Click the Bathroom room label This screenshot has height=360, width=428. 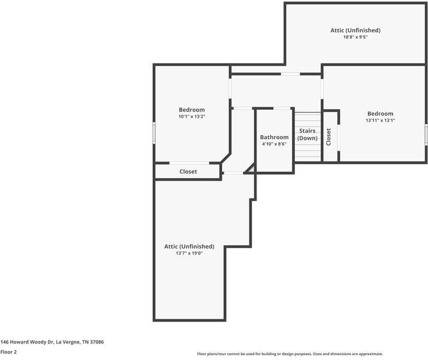[274, 137]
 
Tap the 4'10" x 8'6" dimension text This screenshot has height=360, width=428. [274, 144]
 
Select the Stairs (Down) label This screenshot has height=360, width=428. [308, 134]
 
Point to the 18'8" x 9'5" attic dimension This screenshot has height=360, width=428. [355, 37]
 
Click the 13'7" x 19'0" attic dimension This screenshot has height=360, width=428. [189, 253]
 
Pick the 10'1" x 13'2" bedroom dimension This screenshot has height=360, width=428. [192, 116]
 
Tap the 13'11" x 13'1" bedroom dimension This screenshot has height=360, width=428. [380, 121]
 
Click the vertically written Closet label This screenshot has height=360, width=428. [328, 137]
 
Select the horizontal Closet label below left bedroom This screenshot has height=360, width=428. [188, 172]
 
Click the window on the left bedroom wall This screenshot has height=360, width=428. [154, 133]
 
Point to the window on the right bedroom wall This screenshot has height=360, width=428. [426, 134]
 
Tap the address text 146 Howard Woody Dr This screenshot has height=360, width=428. [27, 342]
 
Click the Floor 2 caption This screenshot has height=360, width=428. [8, 352]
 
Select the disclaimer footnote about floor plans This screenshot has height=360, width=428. [290, 354]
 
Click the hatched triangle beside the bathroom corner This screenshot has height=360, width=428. [251, 169]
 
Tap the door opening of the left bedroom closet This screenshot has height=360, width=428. [189, 163]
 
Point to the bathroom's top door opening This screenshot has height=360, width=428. [282, 109]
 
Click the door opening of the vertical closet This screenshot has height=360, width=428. [339, 137]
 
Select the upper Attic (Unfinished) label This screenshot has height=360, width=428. [355, 30]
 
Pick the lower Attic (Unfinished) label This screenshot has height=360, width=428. [189, 247]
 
